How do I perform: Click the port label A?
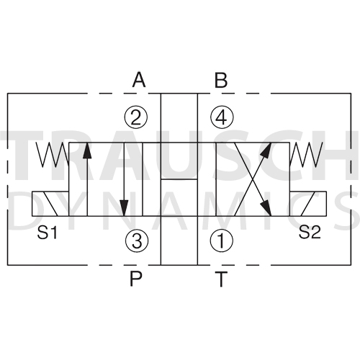pos(139,80)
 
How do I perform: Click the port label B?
pos(221,80)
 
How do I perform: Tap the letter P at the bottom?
pos(136,279)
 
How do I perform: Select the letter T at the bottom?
pos(221,279)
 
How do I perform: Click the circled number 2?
pos(136,117)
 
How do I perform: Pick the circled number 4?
pos(222,117)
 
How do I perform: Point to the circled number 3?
pos(137,240)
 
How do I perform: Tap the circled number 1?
pos(222,240)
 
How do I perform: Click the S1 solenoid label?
pos(48,233)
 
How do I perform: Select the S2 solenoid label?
pos(310,232)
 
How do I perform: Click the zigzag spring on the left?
pos(53,155)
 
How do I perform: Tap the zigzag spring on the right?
pos(306,155)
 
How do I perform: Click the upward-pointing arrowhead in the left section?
pos(87,150)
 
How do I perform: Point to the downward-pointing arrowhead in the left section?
pos(124,208)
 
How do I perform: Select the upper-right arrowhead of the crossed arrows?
pos(266,149)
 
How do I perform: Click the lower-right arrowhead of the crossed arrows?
pos(266,209)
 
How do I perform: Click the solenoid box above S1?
pos(50,204)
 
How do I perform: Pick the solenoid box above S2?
pos(308,204)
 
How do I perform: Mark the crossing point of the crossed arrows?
pos(253,179)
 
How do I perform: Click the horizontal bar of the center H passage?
pos(179,179)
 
